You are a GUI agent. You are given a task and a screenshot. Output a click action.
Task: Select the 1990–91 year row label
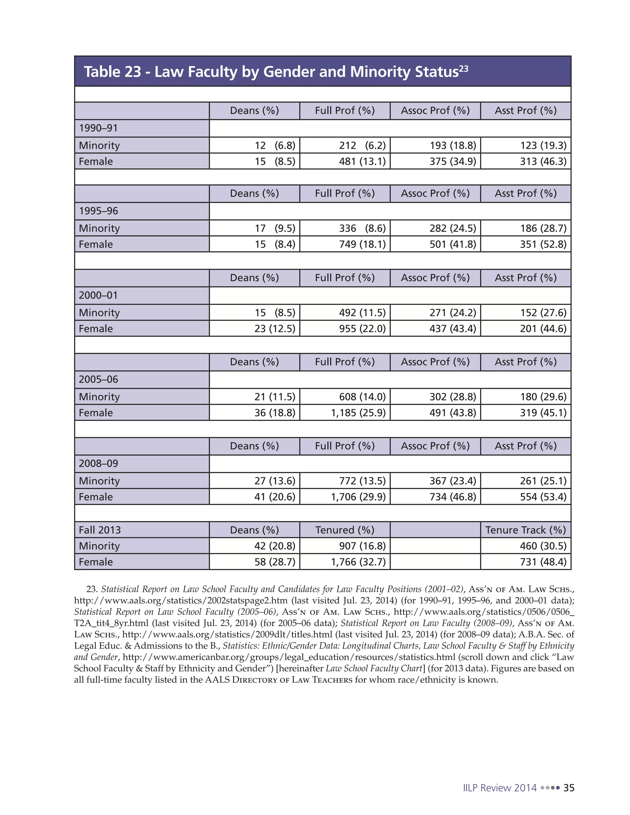point(98,128)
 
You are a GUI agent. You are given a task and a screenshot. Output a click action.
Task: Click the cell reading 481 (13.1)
point(362,161)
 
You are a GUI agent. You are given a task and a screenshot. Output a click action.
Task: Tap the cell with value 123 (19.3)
point(543,145)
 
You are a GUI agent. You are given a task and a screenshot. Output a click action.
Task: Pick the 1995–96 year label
point(98,211)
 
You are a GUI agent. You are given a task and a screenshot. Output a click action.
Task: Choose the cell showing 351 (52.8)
point(543,244)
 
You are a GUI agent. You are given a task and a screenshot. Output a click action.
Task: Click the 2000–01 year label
point(98,295)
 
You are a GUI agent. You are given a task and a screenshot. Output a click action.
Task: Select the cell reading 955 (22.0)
point(362,328)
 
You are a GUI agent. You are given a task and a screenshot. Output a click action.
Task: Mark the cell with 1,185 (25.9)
point(358,412)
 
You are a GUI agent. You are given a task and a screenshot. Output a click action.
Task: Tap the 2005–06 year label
point(98,379)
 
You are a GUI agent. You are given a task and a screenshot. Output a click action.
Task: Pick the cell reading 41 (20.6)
point(275,497)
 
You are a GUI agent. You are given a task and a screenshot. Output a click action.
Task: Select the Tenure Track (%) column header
point(525,530)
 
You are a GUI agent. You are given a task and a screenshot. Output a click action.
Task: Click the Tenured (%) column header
point(345,530)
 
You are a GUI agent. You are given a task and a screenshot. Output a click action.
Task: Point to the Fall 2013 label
point(100,530)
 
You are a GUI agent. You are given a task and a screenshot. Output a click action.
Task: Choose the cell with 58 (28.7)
point(275,562)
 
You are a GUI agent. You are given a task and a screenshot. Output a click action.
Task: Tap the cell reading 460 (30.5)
point(543,546)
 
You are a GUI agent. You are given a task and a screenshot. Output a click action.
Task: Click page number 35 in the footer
point(568,788)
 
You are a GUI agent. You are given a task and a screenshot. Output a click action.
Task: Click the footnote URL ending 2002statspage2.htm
point(181,600)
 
